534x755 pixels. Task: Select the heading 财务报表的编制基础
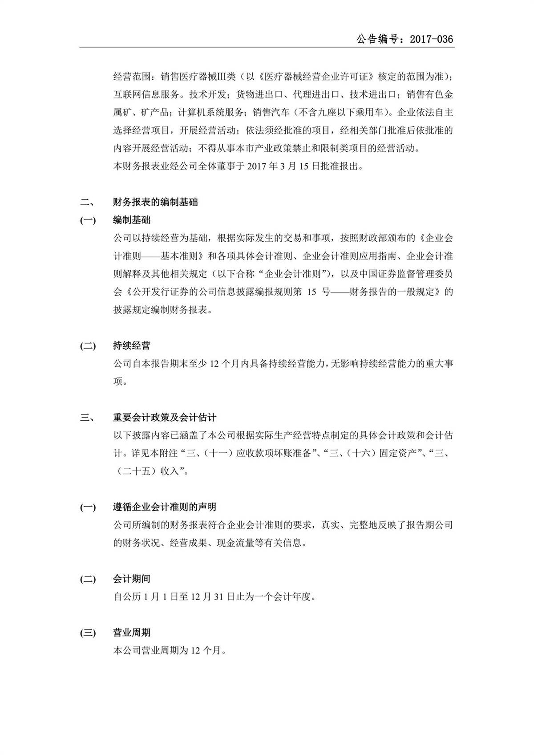155,202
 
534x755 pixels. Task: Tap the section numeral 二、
87,202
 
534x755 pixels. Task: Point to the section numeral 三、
87,418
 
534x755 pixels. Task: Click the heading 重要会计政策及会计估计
165,418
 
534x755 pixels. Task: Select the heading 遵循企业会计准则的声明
165,507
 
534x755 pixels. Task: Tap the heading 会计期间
132,579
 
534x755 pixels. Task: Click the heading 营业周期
132,633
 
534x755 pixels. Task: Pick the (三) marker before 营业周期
88,633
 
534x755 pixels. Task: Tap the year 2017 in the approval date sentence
257,166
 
